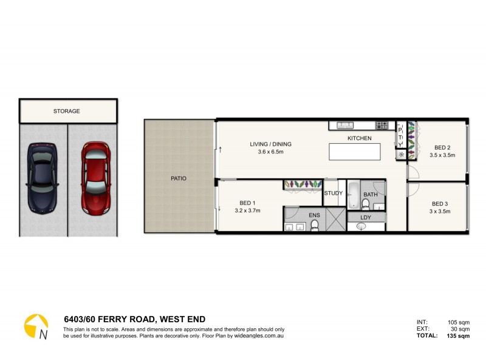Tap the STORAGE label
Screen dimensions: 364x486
coord(67,111)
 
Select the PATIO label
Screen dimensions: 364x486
coord(178,178)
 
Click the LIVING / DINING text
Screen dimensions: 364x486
coord(270,144)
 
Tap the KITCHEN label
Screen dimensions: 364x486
coord(359,138)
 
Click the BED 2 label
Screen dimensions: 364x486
coord(442,147)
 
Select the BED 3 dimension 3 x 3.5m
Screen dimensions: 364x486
coord(441,211)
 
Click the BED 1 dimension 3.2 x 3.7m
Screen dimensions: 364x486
coord(247,211)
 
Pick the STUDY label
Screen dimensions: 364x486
coord(333,193)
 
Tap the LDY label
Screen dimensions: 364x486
coord(366,217)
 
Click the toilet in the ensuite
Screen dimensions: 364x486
coord(314,226)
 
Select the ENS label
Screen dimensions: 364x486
coord(314,214)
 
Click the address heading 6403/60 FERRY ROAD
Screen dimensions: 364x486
coord(134,319)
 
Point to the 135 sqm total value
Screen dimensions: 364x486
coord(459,335)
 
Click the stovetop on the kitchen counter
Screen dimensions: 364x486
coord(382,126)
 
